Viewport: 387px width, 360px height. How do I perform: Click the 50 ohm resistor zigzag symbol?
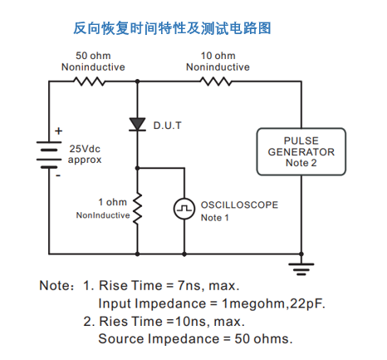pyautogui.click(x=89, y=81)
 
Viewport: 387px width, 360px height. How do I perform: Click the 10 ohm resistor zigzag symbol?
pyautogui.click(x=216, y=81)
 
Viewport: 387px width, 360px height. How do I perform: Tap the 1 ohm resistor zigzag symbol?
pyautogui.click(x=138, y=208)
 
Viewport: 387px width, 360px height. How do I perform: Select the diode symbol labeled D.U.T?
pyautogui.click(x=138, y=124)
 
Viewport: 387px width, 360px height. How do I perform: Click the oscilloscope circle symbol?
pyautogui.click(x=184, y=209)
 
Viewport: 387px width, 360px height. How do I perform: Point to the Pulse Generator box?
pyautogui.click(x=301, y=151)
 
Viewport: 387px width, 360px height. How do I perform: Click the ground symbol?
pyautogui.click(x=301, y=269)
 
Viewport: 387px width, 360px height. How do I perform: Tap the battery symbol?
pyautogui.click(x=49, y=155)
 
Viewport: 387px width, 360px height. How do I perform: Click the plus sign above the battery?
pyautogui.click(x=58, y=131)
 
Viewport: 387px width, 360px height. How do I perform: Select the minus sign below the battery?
pyautogui.click(x=58, y=175)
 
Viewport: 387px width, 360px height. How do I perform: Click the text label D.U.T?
pyautogui.click(x=168, y=126)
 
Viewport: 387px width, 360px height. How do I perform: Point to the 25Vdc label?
pyautogui.click(x=85, y=149)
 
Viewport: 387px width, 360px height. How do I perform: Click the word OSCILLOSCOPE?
pyautogui.click(x=239, y=205)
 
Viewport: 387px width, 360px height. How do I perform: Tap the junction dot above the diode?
pyautogui.click(x=138, y=81)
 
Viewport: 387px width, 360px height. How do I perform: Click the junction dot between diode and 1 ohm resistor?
pyautogui.click(x=138, y=168)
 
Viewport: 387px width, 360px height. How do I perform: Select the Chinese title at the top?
pyautogui.click(x=172, y=28)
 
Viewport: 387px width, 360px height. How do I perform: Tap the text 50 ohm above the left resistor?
pyautogui.click(x=93, y=56)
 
